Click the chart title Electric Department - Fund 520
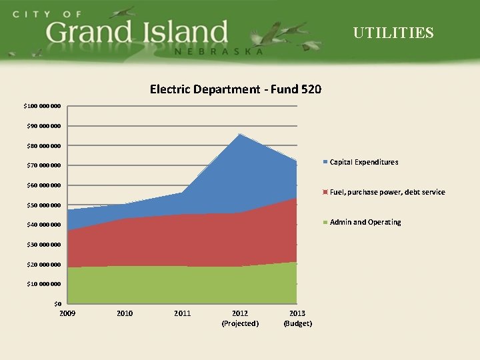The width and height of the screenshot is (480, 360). pos(235,89)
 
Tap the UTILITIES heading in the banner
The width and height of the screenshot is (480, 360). pos(393,33)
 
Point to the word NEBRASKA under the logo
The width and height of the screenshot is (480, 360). pos(218,51)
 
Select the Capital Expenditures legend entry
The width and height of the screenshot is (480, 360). pos(364,162)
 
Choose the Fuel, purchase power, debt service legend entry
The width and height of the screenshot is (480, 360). pos(387,192)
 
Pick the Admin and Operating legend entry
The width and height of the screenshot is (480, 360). pos(365,222)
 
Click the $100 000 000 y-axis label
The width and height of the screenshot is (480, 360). pos(42,106)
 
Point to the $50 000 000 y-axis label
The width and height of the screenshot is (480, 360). pos(42,205)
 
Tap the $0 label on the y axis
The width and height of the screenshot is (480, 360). pos(58,304)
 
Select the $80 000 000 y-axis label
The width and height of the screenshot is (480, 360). pos(42,145)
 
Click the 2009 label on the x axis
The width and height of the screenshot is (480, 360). pos(67,313)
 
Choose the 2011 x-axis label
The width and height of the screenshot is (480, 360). pos(182,313)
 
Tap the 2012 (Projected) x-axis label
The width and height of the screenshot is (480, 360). pos(239,318)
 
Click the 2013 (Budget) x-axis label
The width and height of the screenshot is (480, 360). pos(297,318)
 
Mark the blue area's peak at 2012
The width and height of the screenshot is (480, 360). pos(239,135)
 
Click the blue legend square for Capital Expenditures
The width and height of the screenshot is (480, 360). pos(325,162)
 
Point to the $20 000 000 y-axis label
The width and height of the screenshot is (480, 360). pos(42,265)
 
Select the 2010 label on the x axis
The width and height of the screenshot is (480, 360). pos(125,313)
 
